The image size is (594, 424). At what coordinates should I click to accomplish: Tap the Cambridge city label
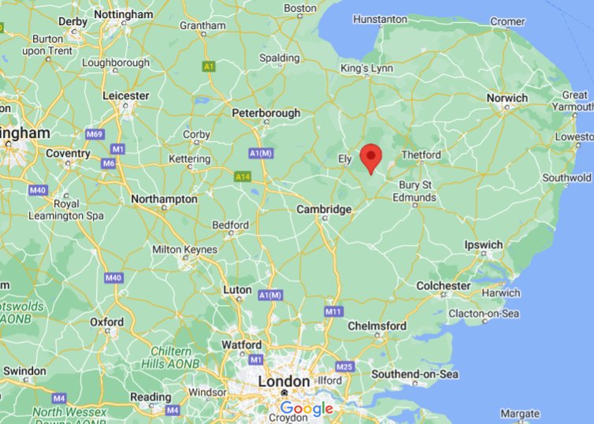pyautogui.click(x=323, y=210)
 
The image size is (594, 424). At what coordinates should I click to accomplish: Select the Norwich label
pyautogui.click(x=507, y=99)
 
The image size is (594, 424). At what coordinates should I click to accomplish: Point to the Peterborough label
pyautogui.click(x=265, y=113)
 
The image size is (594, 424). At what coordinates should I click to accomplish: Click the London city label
pyautogui.click(x=284, y=381)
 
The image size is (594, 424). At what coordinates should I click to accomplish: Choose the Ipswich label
pyautogui.click(x=483, y=245)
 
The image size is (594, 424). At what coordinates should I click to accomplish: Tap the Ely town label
pyautogui.click(x=345, y=158)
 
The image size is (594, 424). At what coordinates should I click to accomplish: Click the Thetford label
pyautogui.click(x=421, y=155)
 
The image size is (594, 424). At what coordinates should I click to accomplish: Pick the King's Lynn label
pyautogui.click(x=366, y=69)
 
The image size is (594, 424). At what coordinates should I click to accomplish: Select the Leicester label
pyautogui.click(x=125, y=96)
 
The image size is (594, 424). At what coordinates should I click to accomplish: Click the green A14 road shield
pyautogui.click(x=242, y=177)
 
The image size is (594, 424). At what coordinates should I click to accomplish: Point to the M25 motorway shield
pyautogui.click(x=344, y=367)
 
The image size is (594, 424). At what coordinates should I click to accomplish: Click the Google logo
pyautogui.click(x=306, y=409)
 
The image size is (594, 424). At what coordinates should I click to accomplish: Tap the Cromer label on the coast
pyautogui.click(x=507, y=22)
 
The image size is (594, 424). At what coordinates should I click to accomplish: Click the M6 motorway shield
pyautogui.click(x=109, y=163)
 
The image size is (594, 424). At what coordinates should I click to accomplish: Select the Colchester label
pyautogui.click(x=443, y=285)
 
